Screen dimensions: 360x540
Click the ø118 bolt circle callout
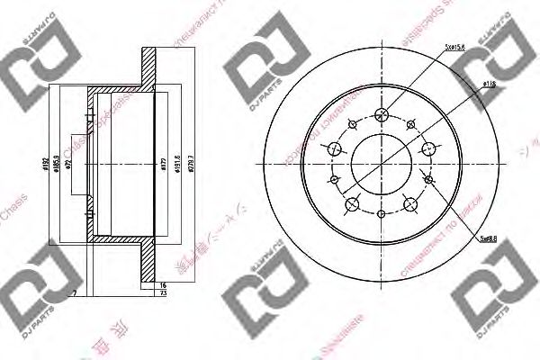pyautogui.click(x=490, y=83)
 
